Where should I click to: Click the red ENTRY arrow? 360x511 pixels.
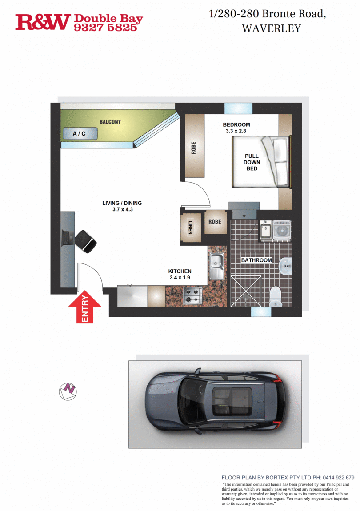point(85,307)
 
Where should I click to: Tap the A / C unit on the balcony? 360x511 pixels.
point(79,133)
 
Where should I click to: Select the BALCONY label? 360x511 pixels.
point(110,122)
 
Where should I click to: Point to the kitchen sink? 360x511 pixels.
point(217,266)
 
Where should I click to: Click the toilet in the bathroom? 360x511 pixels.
point(276,296)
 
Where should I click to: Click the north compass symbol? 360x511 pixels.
point(68,390)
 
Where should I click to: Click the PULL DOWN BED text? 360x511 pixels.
point(252,162)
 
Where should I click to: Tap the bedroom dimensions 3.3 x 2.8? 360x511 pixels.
point(236,131)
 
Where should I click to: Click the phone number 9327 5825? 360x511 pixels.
point(108,27)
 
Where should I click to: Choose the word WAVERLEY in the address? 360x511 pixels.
point(271,29)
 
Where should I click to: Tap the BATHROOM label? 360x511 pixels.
point(256,260)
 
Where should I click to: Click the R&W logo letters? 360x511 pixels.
point(43,22)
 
